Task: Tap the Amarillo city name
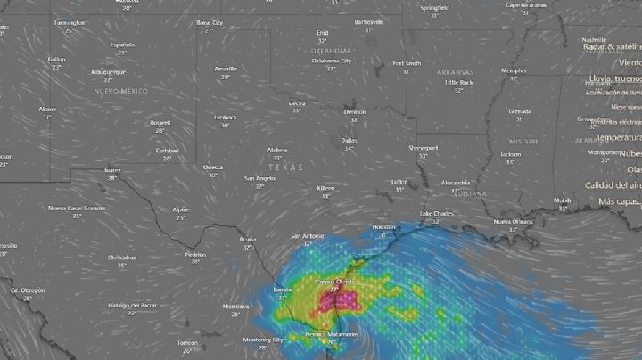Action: point(226,69)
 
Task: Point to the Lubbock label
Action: point(225,117)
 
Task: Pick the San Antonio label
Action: point(307,236)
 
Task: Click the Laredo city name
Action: point(282,290)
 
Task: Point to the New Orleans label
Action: point(513,221)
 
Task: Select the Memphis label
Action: point(514,70)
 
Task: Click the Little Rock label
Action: point(458,82)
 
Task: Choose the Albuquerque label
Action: point(108,71)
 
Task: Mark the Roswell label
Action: point(160,123)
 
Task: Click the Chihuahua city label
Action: point(122,257)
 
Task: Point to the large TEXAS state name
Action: point(286,168)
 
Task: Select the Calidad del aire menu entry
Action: point(613,185)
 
